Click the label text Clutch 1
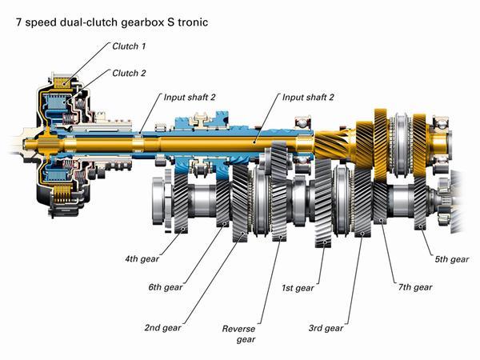[129, 46]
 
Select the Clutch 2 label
[129, 73]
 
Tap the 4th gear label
[142, 259]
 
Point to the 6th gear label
[166, 287]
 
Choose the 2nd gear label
[163, 327]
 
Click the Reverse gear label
[238, 334]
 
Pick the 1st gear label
[298, 288]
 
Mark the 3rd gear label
[326, 328]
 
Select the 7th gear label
[415, 287]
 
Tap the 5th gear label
[452, 259]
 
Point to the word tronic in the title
[193, 22]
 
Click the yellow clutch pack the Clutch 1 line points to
[63, 82]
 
